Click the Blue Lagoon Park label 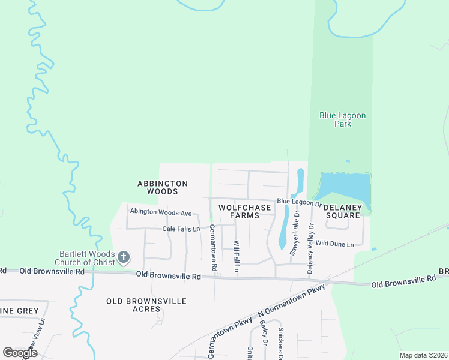[x=343, y=119]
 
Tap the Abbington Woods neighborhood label [x=163, y=187]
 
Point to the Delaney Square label [x=343, y=211]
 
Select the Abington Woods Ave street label [x=161, y=212]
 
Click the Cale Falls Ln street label [x=181, y=229]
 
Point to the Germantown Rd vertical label [x=213, y=246]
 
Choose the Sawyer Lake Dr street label [x=294, y=236]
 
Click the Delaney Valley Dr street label [x=310, y=248]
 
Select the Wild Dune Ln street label [x=334, y=244]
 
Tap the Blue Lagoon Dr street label [x=299, y=202]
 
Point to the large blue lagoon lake [x=343, y=187]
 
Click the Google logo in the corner [x=20, y=353]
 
